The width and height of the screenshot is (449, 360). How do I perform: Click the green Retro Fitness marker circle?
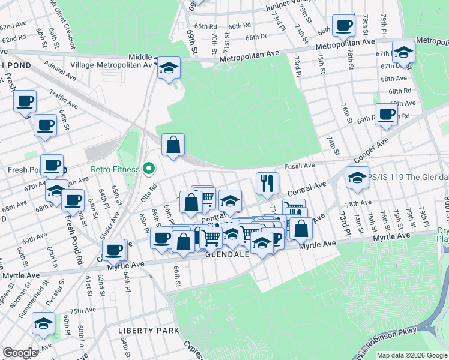[149, 169]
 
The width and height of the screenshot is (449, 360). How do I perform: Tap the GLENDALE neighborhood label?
[228, 254]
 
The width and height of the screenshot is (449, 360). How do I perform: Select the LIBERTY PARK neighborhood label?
[149, 331]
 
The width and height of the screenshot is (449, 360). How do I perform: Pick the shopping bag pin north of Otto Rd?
[173, 145]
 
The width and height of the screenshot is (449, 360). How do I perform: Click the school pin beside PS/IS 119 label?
[357, 178]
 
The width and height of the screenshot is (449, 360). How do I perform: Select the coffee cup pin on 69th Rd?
[386, 114]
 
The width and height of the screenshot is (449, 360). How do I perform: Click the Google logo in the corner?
[20, 353]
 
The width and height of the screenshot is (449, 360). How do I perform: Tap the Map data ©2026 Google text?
[412, 355]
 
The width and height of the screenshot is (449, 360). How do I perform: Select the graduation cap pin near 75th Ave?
[43, 324]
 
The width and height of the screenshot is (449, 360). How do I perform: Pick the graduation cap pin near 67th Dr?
[403, 51]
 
